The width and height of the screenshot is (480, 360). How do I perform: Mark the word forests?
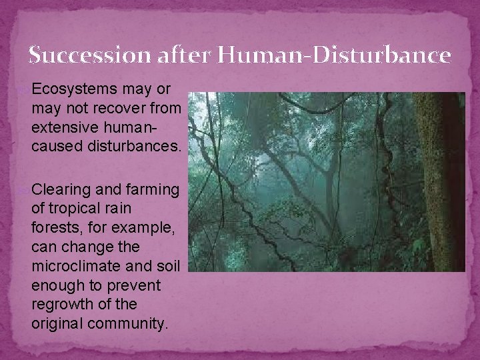click(x=54, y=228)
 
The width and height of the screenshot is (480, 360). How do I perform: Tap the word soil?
click(x=168, y=266)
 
